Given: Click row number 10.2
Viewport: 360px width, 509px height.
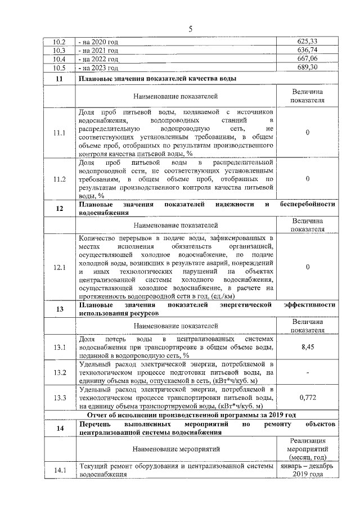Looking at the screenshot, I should [59, 42].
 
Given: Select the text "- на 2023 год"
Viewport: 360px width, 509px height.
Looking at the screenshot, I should [99, 67].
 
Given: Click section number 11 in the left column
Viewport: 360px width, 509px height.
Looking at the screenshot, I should [59, 79].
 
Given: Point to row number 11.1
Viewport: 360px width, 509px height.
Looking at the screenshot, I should [59, 133].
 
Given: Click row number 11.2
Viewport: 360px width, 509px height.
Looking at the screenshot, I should [59, 179].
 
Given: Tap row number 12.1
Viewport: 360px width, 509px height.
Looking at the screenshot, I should [59, 267].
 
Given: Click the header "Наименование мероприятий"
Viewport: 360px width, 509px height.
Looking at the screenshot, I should [175, 449].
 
